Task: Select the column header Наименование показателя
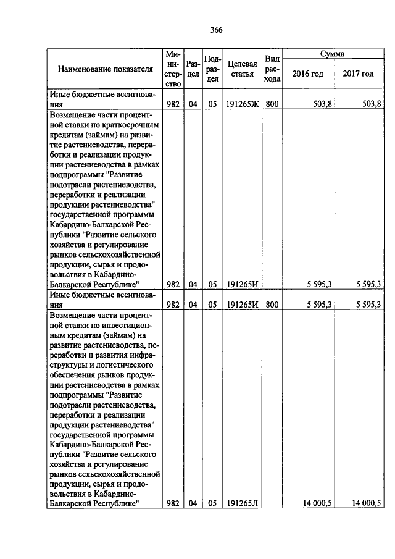tap(105, 69)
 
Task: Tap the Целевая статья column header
tap(242, 69)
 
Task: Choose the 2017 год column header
tap(359, 74)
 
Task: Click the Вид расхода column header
tap(272, 69)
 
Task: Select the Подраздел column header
tap(212, 69)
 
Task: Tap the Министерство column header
tap(173, 69)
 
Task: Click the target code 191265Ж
tap(242, 104)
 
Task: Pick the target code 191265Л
tap(241, 503)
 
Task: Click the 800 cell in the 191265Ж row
tap(272, 104)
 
